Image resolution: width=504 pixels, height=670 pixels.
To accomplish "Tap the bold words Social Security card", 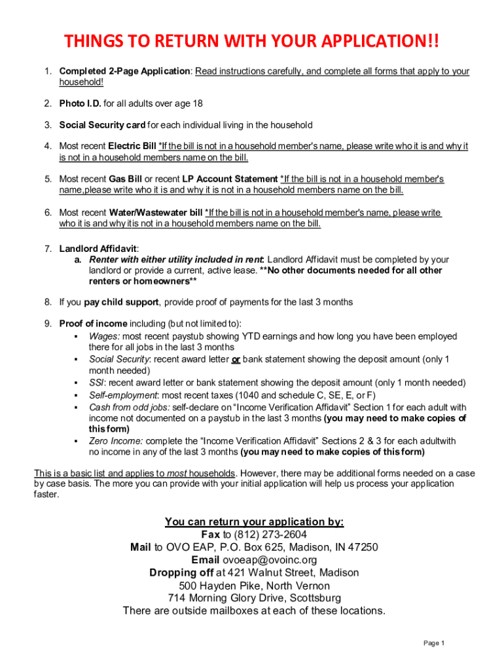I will click(x=102, y=125).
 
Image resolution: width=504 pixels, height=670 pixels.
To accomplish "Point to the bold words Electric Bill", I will click(x=132, y=147).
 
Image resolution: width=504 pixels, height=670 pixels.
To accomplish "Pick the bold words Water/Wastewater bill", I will click(x=156, y=213).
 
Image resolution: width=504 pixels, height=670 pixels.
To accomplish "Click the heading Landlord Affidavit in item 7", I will click(x=98, y=249).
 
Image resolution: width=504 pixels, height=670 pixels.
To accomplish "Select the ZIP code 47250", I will click(x=364, y=548).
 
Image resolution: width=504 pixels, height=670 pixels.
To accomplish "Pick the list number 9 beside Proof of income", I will click(x=48, y=324).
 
